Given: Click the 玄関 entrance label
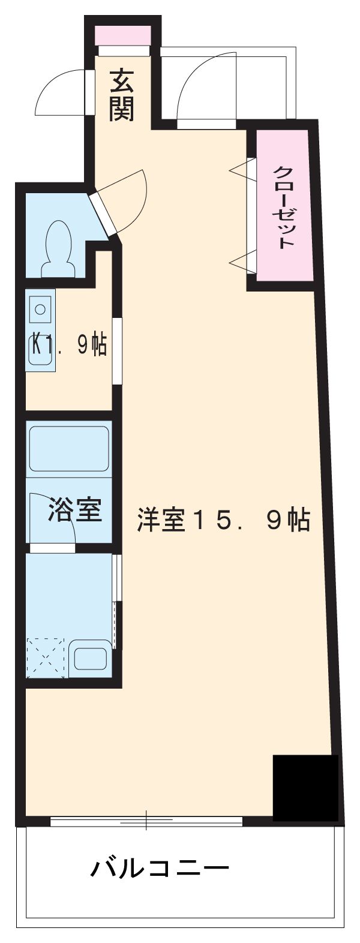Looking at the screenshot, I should (x=122, y=95).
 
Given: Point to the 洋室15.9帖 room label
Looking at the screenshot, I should (x=224, y=520).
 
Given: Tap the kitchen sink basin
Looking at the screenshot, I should (x=41, y=310).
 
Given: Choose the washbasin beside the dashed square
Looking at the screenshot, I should (x=90, y=658).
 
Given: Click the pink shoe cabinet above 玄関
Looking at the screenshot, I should (x=122, y=35).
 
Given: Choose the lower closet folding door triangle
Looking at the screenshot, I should (x=242, y=263).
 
